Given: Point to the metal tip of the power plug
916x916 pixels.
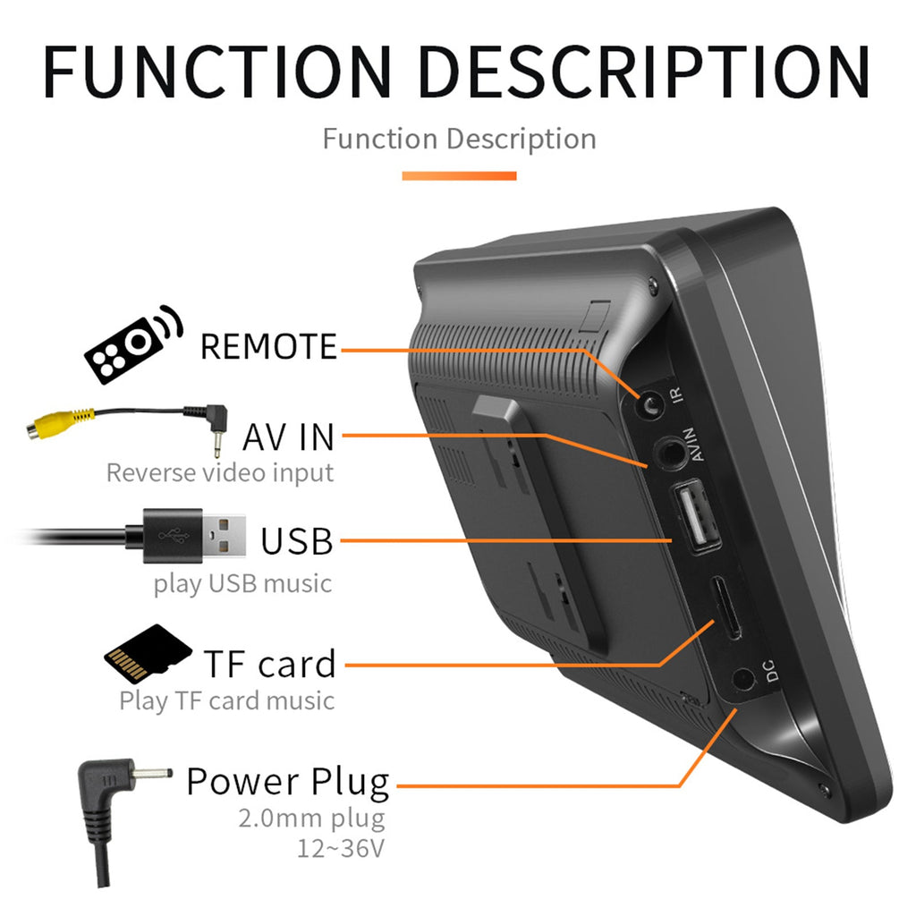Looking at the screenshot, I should coord(151,770).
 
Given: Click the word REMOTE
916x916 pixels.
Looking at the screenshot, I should coord(268,346).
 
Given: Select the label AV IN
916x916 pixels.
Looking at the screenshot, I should coord(288,437).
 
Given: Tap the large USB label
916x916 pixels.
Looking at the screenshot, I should coord(297,541).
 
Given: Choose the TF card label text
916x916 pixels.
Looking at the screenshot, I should coord(270,664).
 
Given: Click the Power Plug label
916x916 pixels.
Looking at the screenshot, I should coord(288,781).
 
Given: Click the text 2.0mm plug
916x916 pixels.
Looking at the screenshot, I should coord(311,818).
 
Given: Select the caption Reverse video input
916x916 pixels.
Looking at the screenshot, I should coord(220,472).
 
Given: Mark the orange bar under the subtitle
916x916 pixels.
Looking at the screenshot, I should coord(459,175).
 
